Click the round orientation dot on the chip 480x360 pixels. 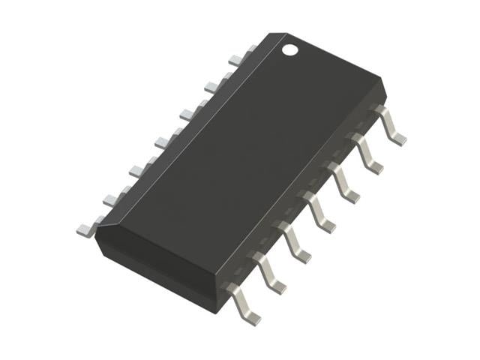tap(290, 51)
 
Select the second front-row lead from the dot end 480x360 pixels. tap(367, 153)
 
